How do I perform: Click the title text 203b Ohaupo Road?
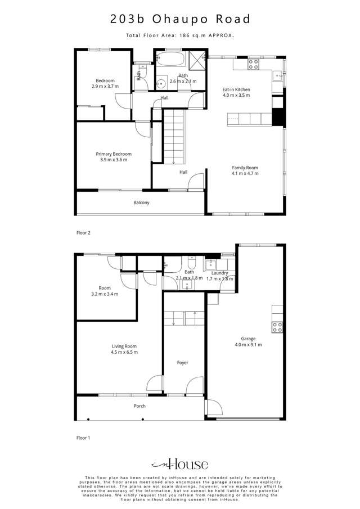(180, 19)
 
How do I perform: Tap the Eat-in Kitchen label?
(236, 89)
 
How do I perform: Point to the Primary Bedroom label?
(114, 154)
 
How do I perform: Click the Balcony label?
(141, 202)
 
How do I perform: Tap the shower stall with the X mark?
(197, 59)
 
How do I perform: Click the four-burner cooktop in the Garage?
(277, 326)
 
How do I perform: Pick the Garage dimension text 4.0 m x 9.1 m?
(248, 345)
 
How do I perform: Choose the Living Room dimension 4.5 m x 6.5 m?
(124, 352)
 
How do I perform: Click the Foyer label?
(183, 363)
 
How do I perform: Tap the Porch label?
(139, 406)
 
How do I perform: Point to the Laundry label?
(219, 273)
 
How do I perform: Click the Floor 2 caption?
(83, 232)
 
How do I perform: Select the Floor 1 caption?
(83, 436)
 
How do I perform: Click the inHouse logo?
(180, 464)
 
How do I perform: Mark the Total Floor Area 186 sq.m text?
(180, 35)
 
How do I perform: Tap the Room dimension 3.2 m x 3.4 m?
(105, 294)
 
